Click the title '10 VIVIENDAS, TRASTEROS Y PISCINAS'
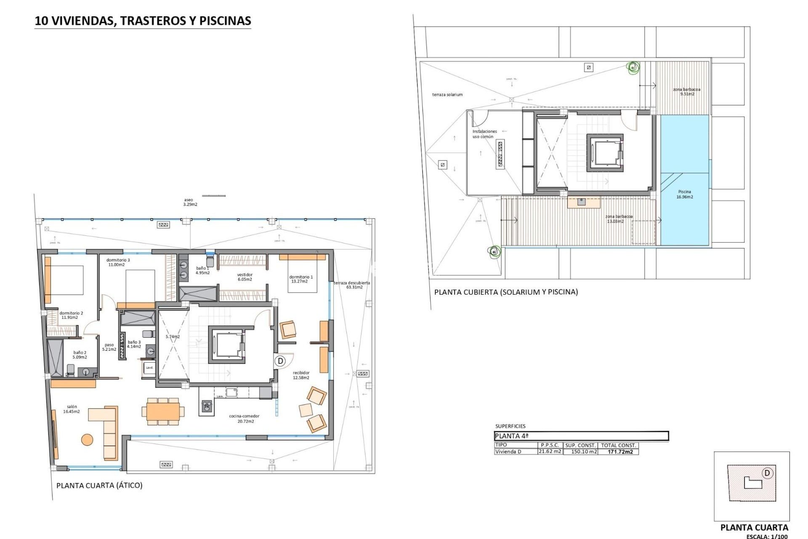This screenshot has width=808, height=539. pyautogui.click(x=143, y=21)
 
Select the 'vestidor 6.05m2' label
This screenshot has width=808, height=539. pyautogui.click(x=245, y=277)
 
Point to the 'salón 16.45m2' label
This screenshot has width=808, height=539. pyautogui.click(x=72, y=409)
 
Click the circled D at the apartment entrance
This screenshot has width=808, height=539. pyautogui.click(x=280, y=361)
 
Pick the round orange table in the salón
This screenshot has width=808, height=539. pyautogui.click(x=87, y=440)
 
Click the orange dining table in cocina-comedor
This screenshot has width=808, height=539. pyautogui.click(x=163, y=411)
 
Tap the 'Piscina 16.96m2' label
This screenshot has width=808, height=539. pyautogui.click(x=685, y=194)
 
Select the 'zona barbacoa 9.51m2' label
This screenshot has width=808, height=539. pyautogui.click(x=687, y=91)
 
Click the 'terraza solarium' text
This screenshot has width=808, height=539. pyautogui.click(x=447, y=95)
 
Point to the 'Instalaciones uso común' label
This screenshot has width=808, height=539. pyautogui.click(x=484, y=134)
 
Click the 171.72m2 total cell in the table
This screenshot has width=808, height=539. pyautogui.click(x=620, y=452)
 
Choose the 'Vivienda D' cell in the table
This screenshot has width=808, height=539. pyautogui.click(x=508, y=452)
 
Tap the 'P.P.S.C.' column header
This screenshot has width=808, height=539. pyautogui.click(x=550, y=445)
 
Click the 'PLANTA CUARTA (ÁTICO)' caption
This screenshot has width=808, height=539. pyautogui.click(x=99, y=486)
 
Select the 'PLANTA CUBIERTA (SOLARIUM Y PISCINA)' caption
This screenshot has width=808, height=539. pyautogui.click(x=506, y=292)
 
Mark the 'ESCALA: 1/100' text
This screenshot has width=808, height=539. pyautogui.click(x=767, y=536)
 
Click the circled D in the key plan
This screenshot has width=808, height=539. pyautogui.click(x=767, y=473)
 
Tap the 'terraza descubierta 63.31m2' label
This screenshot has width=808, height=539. pyautogui.click(x=352, y=285)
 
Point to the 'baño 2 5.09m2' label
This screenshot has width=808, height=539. pyautogui.click(x=80, y=355)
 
